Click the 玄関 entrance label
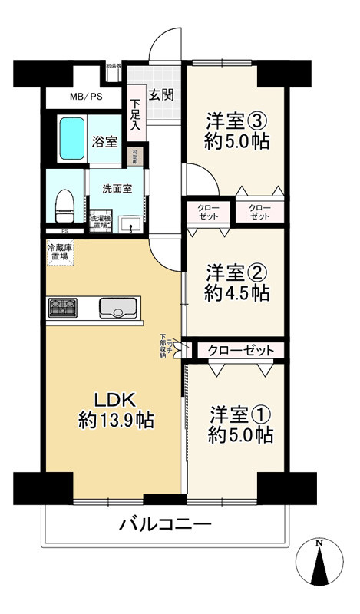click(x=161, y=95)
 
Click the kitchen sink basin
click(x=117, y=309)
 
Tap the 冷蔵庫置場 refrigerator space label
click(x=61, y=253)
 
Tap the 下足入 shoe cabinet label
click(x=135, y=116)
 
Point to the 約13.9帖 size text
click(x=116, y=420)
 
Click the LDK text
click(x=115, y=399)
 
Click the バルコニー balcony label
click(x=165, y=525)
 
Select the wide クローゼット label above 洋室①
click(x=241, y=351)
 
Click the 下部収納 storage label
click(x=163, y=343)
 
